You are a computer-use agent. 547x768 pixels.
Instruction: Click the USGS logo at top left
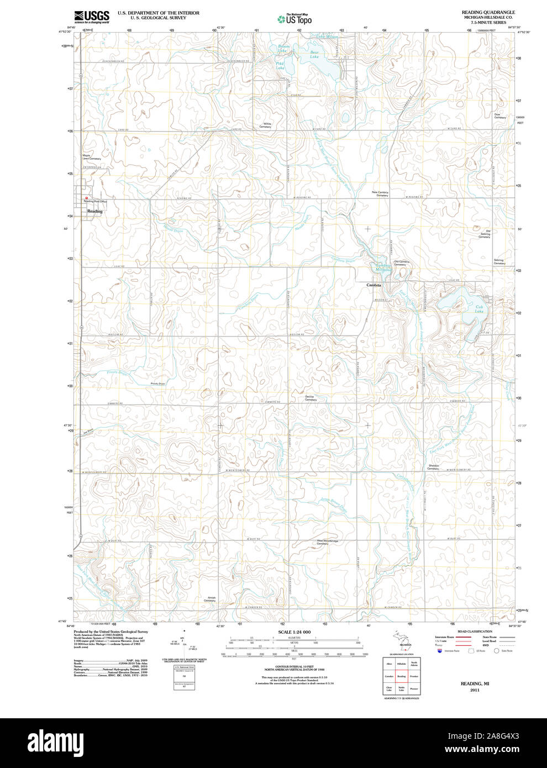[x=91, y=16]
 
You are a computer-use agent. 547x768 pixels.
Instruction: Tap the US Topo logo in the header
[x=294, y=19]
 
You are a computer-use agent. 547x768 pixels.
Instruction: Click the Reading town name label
[x=94, y=211]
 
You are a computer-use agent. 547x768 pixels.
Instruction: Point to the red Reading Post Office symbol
[x=86, y=198]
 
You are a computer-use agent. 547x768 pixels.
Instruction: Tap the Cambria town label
[x=374, y=285]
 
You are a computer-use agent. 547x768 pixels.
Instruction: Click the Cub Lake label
[x=478, y=309]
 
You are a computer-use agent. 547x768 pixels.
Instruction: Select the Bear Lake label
[x=314, y=54]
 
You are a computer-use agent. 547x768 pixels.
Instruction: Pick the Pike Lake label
[x=280, y=65]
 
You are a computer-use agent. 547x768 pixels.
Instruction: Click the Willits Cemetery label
[x=266, y=125]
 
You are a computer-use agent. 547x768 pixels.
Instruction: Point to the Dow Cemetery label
[x=499, y=116]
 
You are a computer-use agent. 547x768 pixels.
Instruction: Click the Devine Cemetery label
[x=311, y=398]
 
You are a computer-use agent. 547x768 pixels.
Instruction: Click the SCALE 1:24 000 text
[x=294, y=632]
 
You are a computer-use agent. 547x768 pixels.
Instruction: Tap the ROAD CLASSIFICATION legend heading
[x=475, y=632]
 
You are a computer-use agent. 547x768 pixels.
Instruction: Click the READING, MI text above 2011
[x=475, y=683]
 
